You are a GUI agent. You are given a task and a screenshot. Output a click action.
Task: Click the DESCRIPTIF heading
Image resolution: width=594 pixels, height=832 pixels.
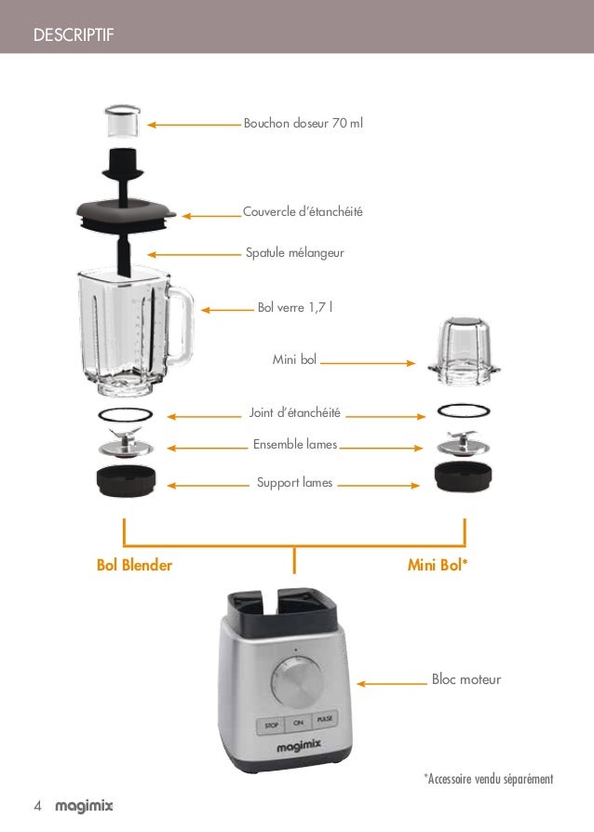[x=72, y=36]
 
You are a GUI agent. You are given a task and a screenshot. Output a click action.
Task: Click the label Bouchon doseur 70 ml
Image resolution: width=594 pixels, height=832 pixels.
[x=304, y=123]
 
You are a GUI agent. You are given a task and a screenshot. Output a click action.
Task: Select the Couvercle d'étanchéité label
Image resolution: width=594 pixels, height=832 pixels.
[x=303, y=212]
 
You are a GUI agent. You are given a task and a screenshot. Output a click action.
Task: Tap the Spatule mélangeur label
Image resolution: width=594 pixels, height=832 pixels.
[x=294, y=252]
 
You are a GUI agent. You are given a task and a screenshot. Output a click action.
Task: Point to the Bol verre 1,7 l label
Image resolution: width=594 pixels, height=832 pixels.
[x=295, y=308]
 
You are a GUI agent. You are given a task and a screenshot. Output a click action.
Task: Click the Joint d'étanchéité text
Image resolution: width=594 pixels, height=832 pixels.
[x=295, y=412]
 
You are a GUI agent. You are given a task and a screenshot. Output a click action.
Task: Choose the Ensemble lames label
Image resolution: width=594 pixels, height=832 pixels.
[x=295, y=445]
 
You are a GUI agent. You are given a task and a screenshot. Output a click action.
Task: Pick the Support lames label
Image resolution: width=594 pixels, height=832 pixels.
[x=294, y=482]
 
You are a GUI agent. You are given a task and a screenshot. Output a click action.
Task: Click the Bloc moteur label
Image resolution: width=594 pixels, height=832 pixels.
[x=466, y=680]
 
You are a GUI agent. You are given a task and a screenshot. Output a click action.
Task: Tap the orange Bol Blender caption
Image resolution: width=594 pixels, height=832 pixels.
[x=134, y=565]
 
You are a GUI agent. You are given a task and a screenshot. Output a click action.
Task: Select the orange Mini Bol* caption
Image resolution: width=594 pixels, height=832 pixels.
[x=439, y=565]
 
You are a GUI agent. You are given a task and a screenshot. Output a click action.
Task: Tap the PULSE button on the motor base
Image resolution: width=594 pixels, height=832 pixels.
[x=325, y=721]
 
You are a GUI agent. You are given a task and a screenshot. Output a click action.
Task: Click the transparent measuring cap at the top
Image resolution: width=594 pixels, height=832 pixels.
[x=122, y=122]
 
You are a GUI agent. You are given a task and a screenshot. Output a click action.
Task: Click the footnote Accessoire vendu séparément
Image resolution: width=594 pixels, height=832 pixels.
[x=489, y=778]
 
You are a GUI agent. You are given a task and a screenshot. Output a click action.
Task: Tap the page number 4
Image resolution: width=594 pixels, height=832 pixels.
[x=37, y=805]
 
